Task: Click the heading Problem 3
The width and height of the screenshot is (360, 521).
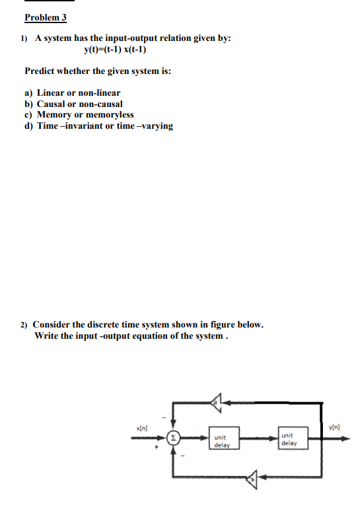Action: coord(46,17)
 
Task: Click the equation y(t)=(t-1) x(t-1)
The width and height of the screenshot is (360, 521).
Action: coord(116,50)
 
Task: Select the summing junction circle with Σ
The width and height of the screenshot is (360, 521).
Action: coord(173,437)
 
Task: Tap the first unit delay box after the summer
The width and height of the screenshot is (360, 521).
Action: coord(221,440)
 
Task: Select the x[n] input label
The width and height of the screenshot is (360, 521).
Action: coord(141,429)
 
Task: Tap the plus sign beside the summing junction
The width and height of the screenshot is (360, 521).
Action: coord(157,450)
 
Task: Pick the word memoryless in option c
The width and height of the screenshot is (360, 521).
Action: coord(108,114)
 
